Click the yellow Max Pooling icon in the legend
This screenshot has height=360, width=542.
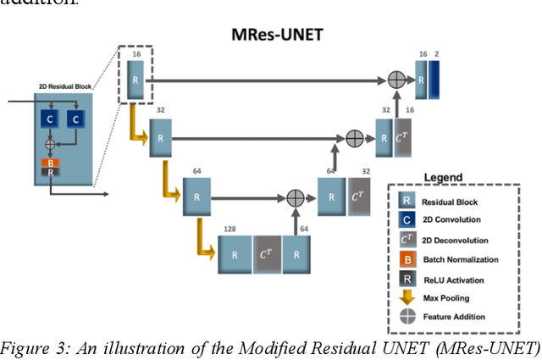(x=407, y=296)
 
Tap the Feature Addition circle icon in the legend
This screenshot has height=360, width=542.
(x=407, y=316)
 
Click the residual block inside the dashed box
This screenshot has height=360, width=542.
(x=136, y=80)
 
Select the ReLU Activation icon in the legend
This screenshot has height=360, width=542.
(x=407, y=278)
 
